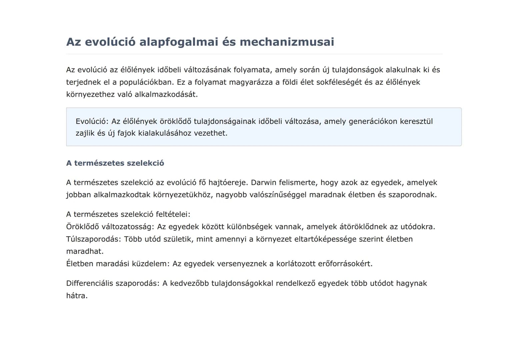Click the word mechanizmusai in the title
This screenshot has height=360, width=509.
287,42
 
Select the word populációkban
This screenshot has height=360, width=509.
145,82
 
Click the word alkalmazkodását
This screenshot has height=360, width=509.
166,94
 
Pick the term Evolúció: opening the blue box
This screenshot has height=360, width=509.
92,121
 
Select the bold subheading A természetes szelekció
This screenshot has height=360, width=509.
115,163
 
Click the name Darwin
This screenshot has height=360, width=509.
263,183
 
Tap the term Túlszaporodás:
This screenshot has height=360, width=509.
94,239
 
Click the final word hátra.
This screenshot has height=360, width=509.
77,296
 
